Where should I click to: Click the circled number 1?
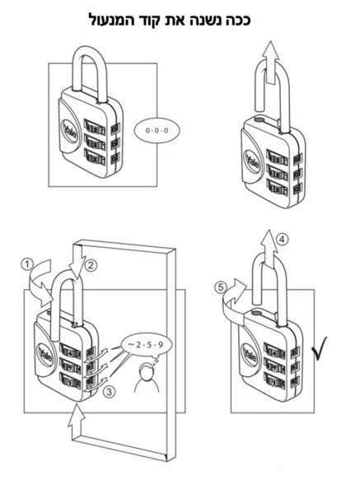tap(28, 264)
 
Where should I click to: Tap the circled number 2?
tap(91, 265)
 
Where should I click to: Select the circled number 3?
tap(109, 393)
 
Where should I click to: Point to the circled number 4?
tap(282, 240)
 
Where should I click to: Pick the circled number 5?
tap(221, 287)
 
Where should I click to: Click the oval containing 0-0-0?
tap(157, 130)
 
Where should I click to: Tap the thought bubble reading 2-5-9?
tap(146, 346)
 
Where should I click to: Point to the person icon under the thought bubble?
tap(147, 378)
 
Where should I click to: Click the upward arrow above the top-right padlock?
tap(270, 63)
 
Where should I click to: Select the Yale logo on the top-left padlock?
tap(70, 131)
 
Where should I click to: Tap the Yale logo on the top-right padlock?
tap(252, 161)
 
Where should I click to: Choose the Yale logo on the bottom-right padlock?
tap(250, 354)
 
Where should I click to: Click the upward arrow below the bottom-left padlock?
tap(77, 420)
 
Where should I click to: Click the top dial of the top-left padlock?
tap(95, 128)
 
